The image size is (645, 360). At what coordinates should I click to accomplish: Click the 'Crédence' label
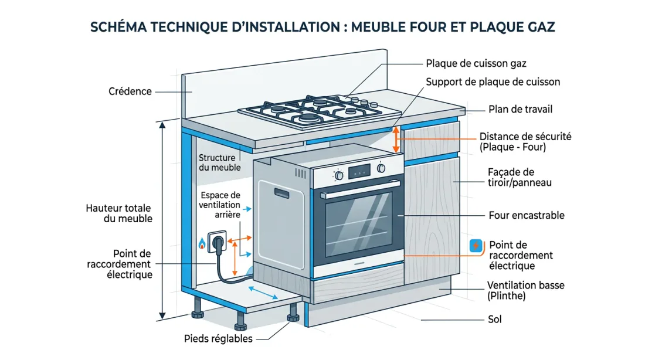(x=130, y=91)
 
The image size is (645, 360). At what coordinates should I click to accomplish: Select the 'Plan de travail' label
(x=520, y=110)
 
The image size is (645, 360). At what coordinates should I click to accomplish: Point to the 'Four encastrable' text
(x=527, y=215)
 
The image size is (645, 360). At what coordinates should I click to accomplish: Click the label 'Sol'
(x=494, y=320)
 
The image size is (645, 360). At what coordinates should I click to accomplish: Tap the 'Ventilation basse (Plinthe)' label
(x=526, y=291)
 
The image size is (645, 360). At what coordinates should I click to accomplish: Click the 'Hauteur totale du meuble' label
(x=119, y=213)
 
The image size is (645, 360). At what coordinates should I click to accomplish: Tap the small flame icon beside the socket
(x=202, y=243)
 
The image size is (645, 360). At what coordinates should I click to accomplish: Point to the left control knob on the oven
(x=338, y=175)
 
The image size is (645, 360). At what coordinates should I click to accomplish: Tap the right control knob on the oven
(x=382, y=168)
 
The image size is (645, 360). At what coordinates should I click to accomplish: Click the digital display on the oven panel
(x=359, y=171)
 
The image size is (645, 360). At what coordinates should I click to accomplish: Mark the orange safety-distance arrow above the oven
(x=396, y=140)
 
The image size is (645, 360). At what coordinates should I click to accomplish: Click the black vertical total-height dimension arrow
(x=162, y=219)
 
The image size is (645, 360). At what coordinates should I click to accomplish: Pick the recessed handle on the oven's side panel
(x=280, y=192)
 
